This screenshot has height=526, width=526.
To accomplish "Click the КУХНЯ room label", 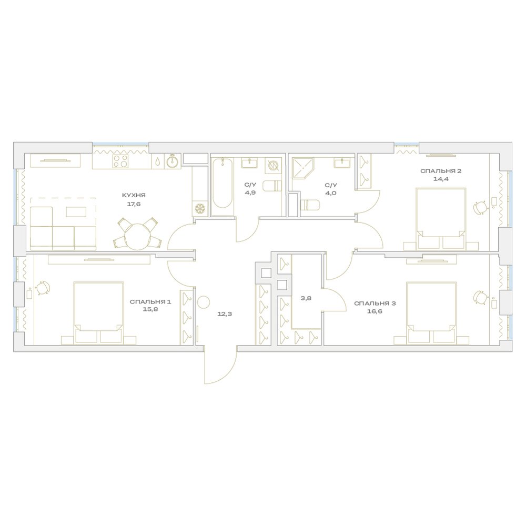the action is coord(134,195).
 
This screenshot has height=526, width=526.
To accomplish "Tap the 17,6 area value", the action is coord(134,204).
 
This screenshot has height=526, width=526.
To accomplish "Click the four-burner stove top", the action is coord(120,161).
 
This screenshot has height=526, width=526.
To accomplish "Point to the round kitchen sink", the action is coord(173,161).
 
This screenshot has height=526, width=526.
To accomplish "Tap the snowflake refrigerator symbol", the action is coord(200,209).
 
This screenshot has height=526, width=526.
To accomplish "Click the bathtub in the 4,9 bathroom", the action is coord(222,187).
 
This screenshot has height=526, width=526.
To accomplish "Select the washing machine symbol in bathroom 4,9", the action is coord(272,166).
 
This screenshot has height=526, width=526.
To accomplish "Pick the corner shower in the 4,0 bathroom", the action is coord(303,169).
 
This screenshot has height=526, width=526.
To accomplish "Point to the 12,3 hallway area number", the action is coord(225,314).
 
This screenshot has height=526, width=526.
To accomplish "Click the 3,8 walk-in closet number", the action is coord(306,298).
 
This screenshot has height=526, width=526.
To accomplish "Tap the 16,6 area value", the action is coord(375,311).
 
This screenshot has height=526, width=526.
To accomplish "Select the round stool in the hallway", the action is coord(203,302).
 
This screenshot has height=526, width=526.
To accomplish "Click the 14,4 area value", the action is coord(441,179).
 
